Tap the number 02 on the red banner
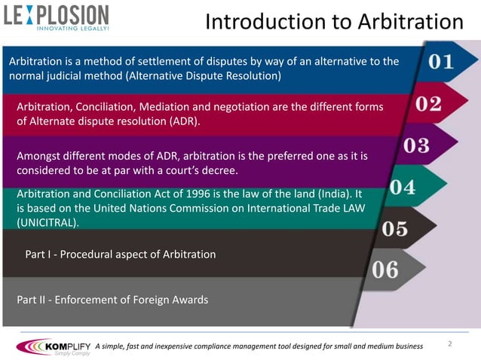427,104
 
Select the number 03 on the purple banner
415,145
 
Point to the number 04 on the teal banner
403,188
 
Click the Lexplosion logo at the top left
56,16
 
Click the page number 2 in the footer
449,344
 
